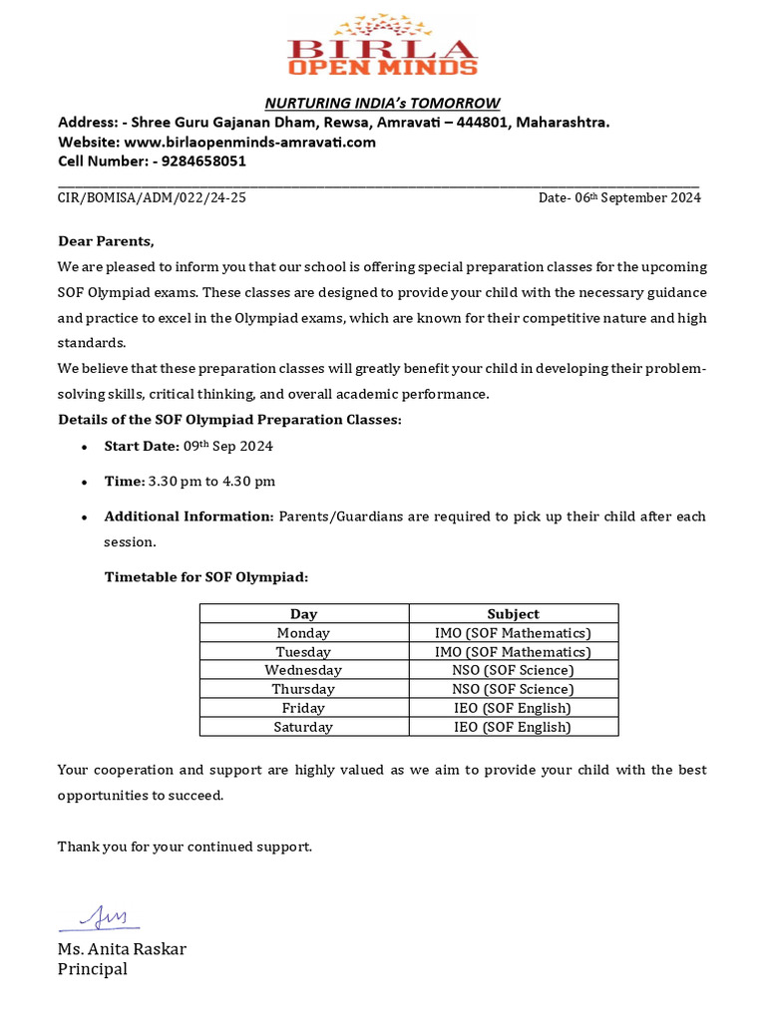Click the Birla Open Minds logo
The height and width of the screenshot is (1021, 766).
(382, 47)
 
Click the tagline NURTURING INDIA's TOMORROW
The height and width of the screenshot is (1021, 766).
(382, 103)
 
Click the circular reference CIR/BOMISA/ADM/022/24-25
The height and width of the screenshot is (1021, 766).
(152, 197)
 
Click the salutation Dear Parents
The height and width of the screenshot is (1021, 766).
(106, 241)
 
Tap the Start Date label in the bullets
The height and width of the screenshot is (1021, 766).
(142, 446)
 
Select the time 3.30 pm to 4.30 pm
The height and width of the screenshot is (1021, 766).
(211, 481)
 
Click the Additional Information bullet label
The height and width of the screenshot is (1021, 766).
(189, 515)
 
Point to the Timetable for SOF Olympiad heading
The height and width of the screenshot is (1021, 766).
(206, 576)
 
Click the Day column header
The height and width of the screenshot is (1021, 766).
(303, 614)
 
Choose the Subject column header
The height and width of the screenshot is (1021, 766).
(513, 614)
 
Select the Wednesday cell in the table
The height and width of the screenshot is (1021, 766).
(303, 670)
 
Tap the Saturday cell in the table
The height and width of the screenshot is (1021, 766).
(303, 727)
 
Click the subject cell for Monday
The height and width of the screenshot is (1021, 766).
(513, 633)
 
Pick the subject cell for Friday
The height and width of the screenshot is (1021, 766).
(513, 708)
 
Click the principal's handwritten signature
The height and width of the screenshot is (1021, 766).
(100, 916)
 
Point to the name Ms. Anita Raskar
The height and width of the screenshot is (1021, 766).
(122, 948)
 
